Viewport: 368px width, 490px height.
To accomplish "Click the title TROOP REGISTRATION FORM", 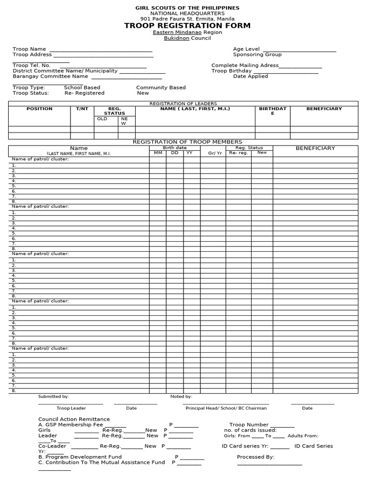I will pyautogui.click(x=187, y=25).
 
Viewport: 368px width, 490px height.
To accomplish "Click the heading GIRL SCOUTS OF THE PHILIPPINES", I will pyautogui.click(x=187, y=8).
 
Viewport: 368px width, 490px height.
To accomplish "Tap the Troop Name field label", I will pyautogui.click(x=29, y=49).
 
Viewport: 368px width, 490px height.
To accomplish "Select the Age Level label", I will pyautogui.click(x=246, y=49).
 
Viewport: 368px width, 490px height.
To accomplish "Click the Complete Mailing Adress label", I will pyautogui.click(x=245, y=65).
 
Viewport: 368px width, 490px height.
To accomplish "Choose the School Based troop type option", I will pyautogui.click(x=82, y=88).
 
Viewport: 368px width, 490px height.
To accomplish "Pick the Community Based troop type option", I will pyautogui.click(x=161, y=88).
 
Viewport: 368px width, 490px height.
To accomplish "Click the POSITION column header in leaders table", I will pyautogui.click(x=39, y=109).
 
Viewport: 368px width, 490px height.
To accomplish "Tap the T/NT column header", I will pyautogui.click(x=82, y=109).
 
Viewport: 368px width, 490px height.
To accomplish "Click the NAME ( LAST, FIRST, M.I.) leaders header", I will pyautogui.click(x=195, y=109).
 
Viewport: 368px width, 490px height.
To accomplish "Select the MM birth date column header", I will pyautogui.click(x=158, y=153).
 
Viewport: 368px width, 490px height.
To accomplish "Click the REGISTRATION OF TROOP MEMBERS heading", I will pyautogui.click(x=187, y=142).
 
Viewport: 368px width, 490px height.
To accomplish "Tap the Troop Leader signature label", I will pyautogui.click(x=71, y=408).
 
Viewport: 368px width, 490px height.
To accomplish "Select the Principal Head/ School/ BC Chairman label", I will pyautogui.click(x=226, y=408).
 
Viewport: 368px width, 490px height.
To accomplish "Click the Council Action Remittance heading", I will pyautogui.click(x=74, y=419).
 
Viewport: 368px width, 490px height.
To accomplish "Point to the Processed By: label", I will pyautogui.click(x=255, y=457).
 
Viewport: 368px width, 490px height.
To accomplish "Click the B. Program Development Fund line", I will pyautogui.click(x=80, y=457).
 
